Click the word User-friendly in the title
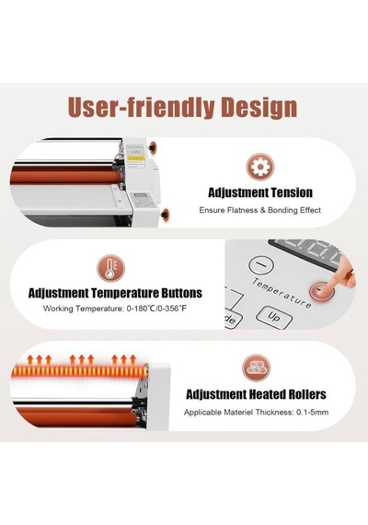pyautogui.click(x=141, y=107)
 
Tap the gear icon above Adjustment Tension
pyautogui.click(x=260, y=167)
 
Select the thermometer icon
pyautogui.click(x=110, y=268)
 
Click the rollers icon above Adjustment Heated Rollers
pyautogui.click(x=257, y=368)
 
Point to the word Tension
pyautogui.click(x=292, y=192)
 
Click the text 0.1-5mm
pyautogui.click(x=312, y=412)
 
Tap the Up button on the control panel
pyautogui.click(x=273, y=317)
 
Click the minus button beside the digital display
pyautogui.click(x=261, y=264)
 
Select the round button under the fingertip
pyautogui.click(x=321, y=290)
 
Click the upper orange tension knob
pyautogui.click(x=154, y=146)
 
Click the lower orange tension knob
pyautogui.click(x=166, y=214)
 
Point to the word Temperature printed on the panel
pyautogui.click(x=281, y=293)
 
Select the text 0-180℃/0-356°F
pyautogui.click(x=156, y=309)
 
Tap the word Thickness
pyautogui.click(x=274, y=412)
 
